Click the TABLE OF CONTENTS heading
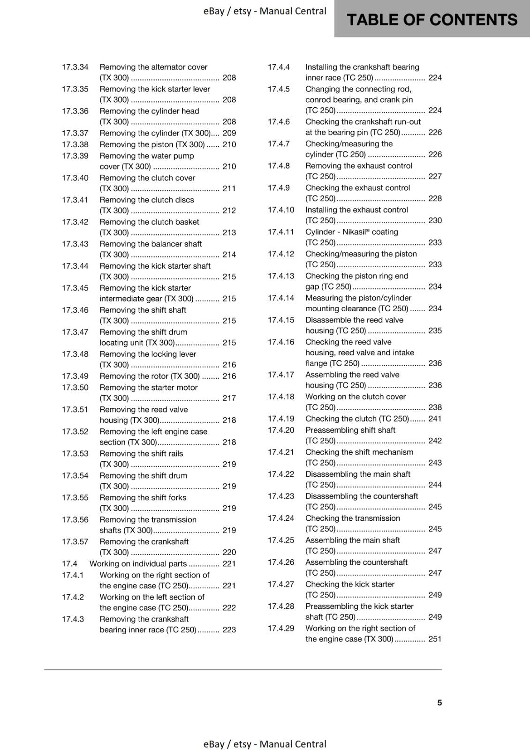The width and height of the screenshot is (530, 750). click(x=432, y=20)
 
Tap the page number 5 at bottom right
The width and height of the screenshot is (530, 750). click(x=439, y=702)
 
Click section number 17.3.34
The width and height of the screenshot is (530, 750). click(x=75, y=67)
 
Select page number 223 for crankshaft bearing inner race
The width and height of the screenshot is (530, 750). click(x=229, y=630)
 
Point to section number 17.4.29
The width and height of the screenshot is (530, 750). click(x=281, y=628)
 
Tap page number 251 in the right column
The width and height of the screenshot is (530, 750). click(x=435, y=639)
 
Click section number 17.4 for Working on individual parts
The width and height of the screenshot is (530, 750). click(x=69, y=563)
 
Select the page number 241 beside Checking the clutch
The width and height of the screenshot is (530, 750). click(x=435, y=419)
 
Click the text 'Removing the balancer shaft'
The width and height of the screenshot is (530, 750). click(x=151, y=244)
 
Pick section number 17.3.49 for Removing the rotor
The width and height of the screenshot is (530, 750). click(x=75, y=376)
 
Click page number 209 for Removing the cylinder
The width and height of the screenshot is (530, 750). click(x=229, y=133)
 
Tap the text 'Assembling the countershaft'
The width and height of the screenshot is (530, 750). click(x=356, y=562)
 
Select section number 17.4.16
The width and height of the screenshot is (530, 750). click(x=281, y=342)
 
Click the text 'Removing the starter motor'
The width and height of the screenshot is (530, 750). click(x=148, y=387)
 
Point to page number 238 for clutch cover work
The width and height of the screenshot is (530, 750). click(x=435, y=407)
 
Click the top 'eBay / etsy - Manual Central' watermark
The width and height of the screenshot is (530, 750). click(x=265, y=11)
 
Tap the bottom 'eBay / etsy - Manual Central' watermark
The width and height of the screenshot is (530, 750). click(x=265, y=744)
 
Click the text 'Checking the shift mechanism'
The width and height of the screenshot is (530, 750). click(x=359, y=452)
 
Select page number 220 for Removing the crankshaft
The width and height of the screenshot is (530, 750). click(x=229, y=552)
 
